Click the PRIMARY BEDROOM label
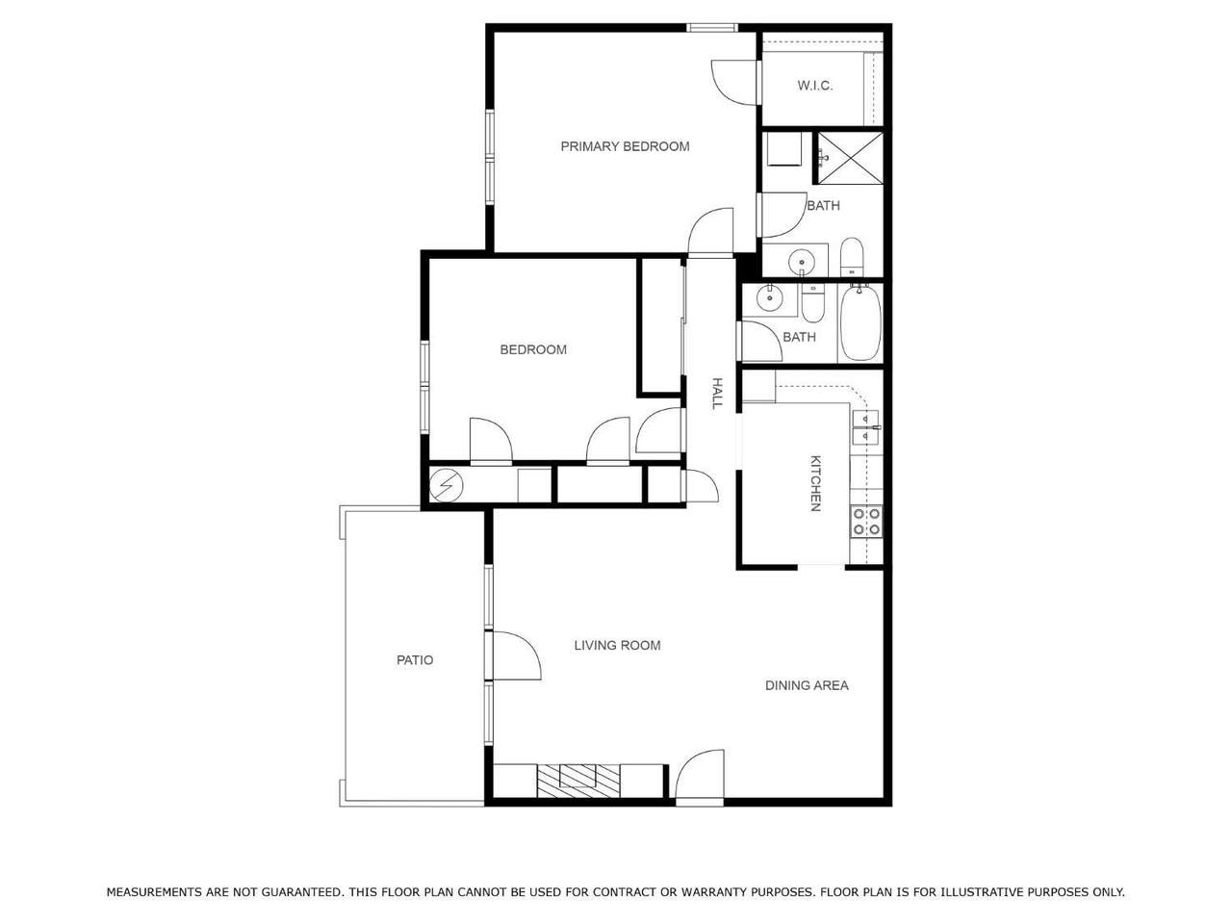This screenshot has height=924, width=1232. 625,146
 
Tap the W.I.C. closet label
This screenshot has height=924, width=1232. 814,86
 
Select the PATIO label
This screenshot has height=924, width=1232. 415,659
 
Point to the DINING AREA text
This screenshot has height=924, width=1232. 807,685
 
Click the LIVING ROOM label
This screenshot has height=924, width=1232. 617,645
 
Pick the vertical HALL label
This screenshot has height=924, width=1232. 717,393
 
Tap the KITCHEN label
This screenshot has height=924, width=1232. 815,483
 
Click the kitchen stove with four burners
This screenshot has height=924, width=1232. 866,521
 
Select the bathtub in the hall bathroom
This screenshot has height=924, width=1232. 860,322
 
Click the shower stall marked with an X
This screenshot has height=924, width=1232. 850,158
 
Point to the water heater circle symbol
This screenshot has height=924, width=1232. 447,485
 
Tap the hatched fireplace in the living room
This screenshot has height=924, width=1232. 578,781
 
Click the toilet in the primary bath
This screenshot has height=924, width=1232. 852,257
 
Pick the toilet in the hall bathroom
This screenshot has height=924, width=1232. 812,303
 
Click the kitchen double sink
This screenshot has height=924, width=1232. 866,427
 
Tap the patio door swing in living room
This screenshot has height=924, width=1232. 517,655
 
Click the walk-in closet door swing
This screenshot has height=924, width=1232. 735,83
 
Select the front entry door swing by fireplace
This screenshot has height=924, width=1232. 700,775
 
